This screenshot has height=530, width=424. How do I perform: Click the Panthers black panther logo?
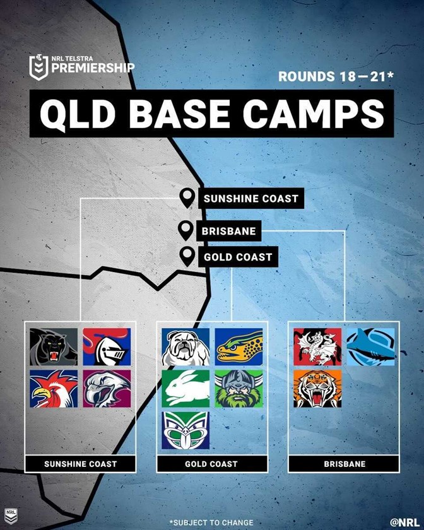[x=54, y=347]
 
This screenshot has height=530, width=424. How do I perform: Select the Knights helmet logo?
[x=107, y=347]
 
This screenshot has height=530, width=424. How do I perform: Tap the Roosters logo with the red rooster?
[x=54, y=389]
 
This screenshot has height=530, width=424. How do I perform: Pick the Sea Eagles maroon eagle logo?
[x=107, y=389]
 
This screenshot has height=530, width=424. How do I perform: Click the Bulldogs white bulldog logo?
[x=185, y=347]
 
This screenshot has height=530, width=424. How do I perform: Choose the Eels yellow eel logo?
[x=238, y=347]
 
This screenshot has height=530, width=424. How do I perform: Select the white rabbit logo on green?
[x=185, y=389]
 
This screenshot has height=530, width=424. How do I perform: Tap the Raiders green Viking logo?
[x=238, y=389]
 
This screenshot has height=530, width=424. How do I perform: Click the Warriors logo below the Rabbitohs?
[x=185, y=430]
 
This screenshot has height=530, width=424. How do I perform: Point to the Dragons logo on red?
[x=317, y=347]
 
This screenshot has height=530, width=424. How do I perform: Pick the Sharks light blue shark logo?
[x=370, y=347]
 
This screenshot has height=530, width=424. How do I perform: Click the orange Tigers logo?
[x=317, y=389]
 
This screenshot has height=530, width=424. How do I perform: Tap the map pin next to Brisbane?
[x=185, y=230]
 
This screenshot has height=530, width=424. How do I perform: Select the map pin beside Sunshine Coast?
[x=187, y=198]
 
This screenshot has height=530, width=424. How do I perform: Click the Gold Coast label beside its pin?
[x=238, y=257]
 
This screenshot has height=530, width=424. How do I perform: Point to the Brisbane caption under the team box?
[x=344, y=464]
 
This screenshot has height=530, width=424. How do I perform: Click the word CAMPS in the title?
[x=313, y=114]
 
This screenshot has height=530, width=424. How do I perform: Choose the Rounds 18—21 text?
[x=336, y=76]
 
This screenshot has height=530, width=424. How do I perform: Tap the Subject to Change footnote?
[x=211, y=523]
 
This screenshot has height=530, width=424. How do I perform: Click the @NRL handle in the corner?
[x=404, y=522]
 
